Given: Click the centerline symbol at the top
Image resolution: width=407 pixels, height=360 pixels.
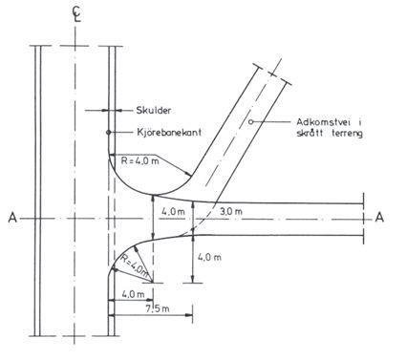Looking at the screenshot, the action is click(x=76, y=14).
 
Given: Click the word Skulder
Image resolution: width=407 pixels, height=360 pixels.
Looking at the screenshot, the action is click(x=154, y=111).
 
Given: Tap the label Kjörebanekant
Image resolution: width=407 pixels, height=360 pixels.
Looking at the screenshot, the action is click(x=169, y=133).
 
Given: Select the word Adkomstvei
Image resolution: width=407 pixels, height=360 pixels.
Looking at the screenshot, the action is click(x=323, y=122).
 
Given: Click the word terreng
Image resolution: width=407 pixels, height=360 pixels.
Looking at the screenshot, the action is click(x=347, y=134).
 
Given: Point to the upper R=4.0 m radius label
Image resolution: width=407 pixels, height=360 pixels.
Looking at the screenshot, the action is click(x=139, y=160).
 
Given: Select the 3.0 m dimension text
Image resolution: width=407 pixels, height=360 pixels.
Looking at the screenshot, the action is click(x=231, y=211).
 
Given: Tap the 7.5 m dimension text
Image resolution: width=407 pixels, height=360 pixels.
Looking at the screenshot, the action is click(x=158, y=308).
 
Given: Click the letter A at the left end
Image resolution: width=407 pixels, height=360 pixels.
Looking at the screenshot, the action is click(x=12, y=218).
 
